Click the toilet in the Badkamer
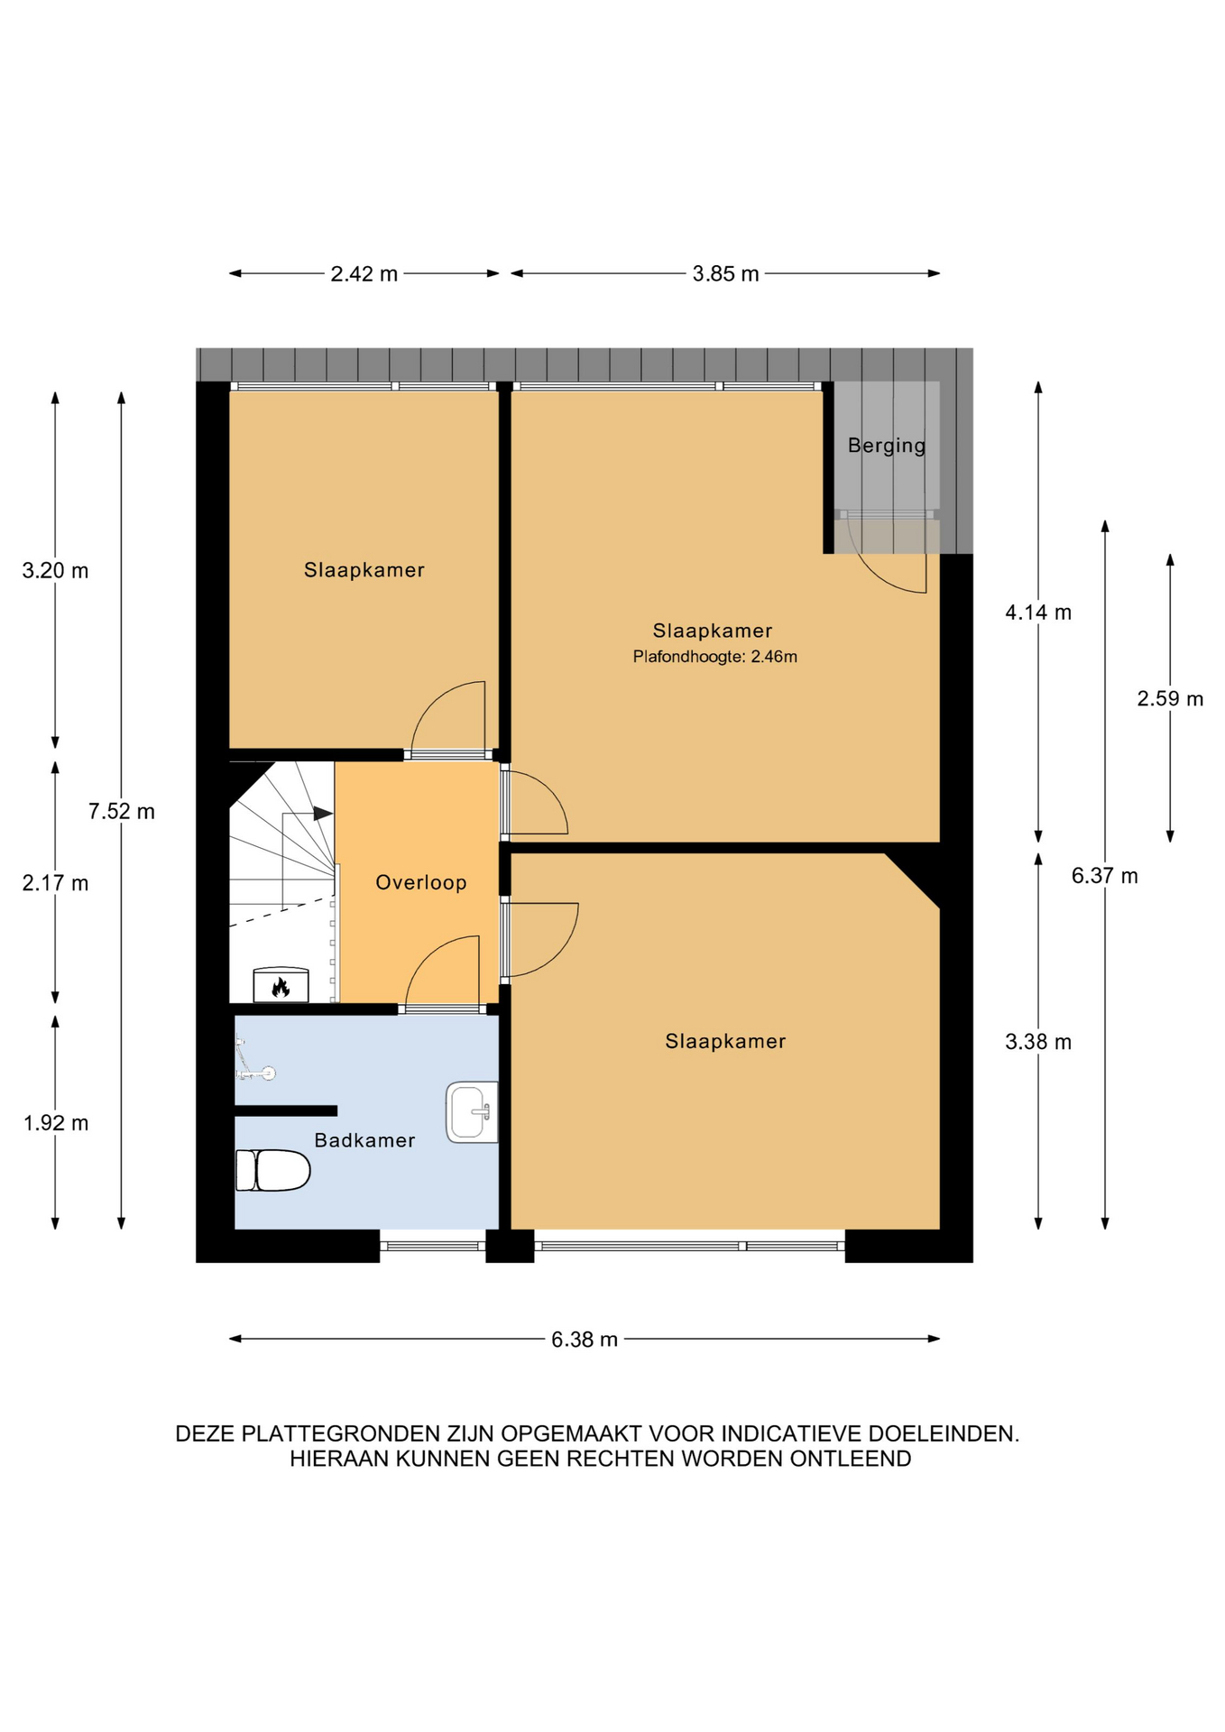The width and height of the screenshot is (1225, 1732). click(272, 1170)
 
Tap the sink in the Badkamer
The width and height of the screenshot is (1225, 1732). click(472, 1112)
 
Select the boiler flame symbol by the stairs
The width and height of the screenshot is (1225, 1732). click(281, 988)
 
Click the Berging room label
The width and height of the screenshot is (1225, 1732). click(887, 446)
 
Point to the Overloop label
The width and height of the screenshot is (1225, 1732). click(421, 882)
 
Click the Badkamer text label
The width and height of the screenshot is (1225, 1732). click(364, 1140)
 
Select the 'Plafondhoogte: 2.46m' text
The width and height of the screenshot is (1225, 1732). click(714, 657)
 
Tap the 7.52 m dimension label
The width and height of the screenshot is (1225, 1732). click(122, 811)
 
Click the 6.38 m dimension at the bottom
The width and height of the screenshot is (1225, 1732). click(585, 1340)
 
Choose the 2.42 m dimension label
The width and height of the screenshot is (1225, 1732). click(364, 274)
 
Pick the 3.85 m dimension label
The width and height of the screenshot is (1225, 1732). click(725, 274)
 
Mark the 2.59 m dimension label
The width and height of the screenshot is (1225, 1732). click(1170, 698)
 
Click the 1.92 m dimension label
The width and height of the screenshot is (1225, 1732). click(56, 1123)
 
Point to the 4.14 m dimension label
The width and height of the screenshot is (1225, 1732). click(1038, 613)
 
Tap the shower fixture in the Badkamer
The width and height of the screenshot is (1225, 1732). click(253, 1059)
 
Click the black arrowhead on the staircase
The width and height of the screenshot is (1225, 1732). click(323, 813)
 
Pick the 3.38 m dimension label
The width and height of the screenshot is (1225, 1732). click(1038, 1042)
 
